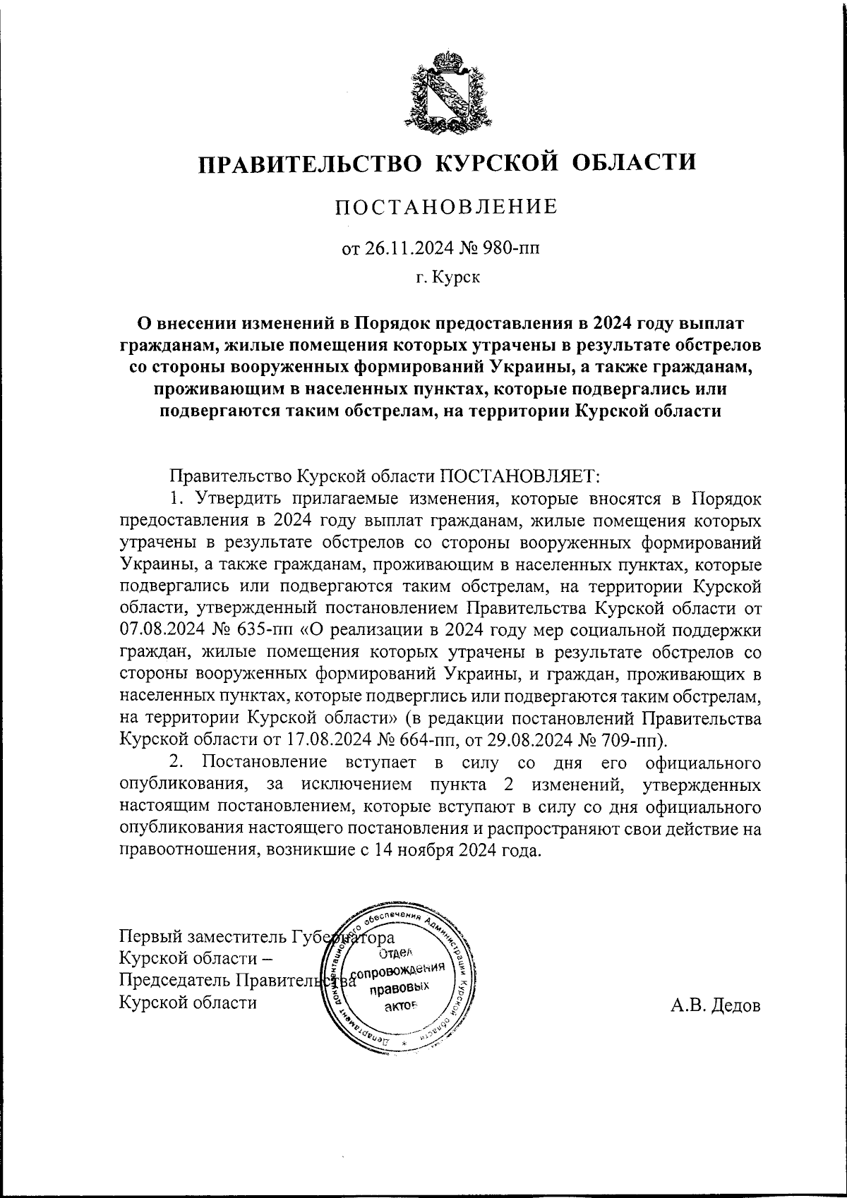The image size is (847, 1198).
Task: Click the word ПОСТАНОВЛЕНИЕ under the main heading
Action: click(x=446, y=207)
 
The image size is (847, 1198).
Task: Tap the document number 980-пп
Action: click(x=519, y=248)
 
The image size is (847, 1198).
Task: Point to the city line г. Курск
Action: click(x=447, y=277)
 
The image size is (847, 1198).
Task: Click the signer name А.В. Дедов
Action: click(x=715, y=1005)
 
